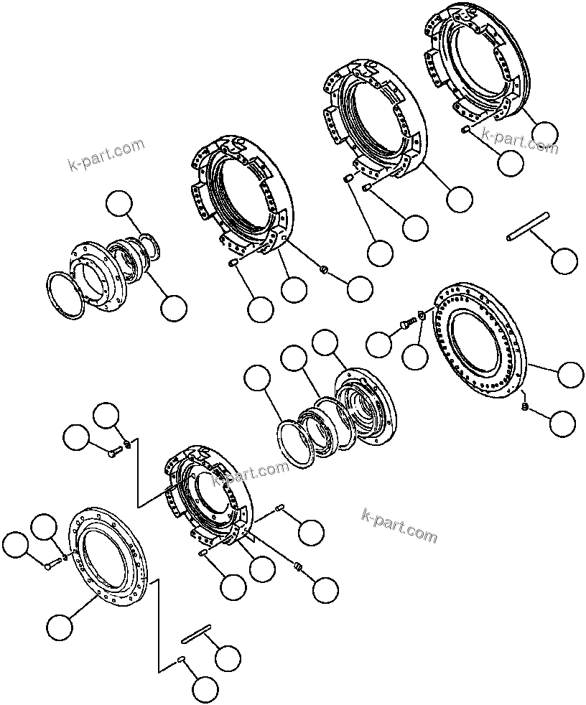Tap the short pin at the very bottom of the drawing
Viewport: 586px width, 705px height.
coord(182,662)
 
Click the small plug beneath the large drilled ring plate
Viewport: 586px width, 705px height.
coord(525,407)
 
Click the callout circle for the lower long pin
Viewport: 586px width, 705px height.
coord(228,658)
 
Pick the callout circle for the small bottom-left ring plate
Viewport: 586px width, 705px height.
coord(60,627)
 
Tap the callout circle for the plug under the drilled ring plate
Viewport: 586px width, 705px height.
coord(562,424)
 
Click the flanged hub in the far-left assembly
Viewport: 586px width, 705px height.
coord(97,276)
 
